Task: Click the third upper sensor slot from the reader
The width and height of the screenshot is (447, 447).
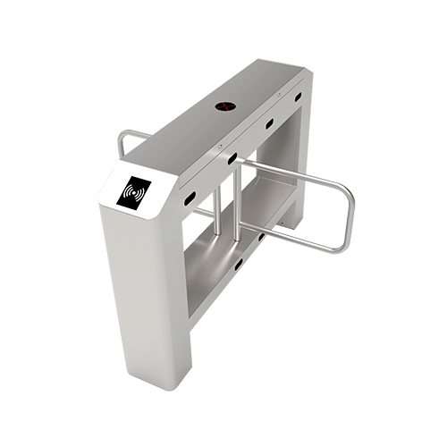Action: coord(268,124)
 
